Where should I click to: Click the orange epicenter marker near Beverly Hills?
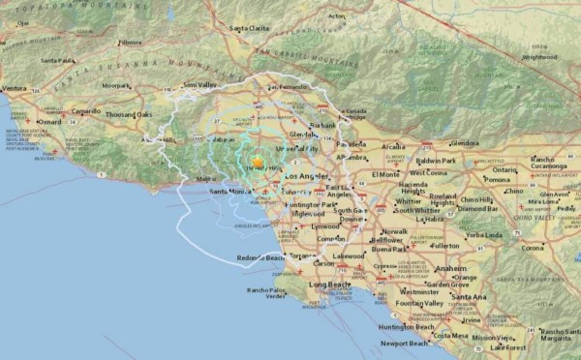point(258,163)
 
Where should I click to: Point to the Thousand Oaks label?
point(129,114)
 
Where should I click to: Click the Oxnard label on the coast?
point(48,122)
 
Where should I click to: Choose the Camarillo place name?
point(85,110)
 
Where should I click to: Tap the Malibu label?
point(206,179)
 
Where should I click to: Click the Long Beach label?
point(330,285)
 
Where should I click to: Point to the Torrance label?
point(302,255)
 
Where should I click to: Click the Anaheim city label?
point(450,268)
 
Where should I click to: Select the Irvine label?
point(471,319)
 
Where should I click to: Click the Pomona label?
point(497,179)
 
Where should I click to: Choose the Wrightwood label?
point(539,57)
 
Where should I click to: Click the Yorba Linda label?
point(484,235)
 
